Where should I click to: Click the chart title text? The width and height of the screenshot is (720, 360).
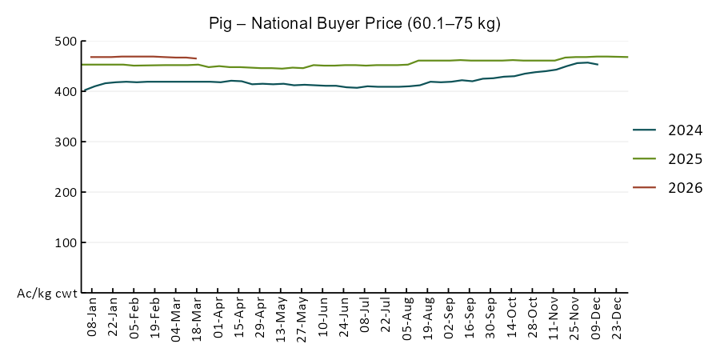click(x=354, y=23)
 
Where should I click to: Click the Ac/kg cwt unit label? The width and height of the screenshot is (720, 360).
click(x=47, y=294)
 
